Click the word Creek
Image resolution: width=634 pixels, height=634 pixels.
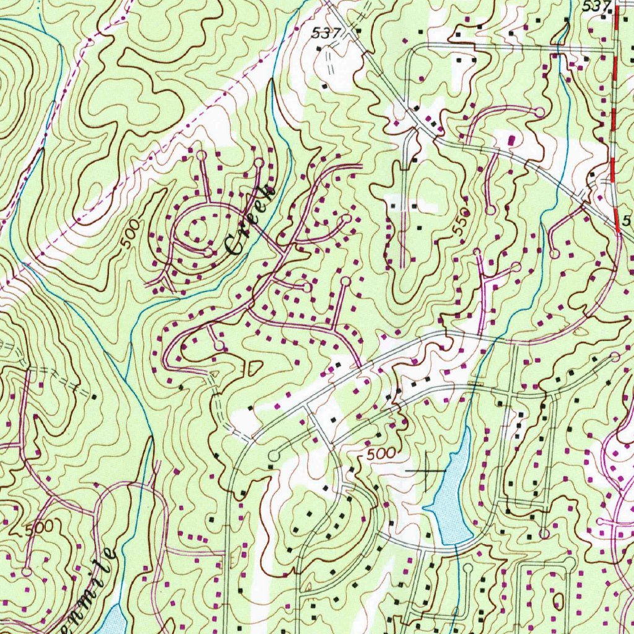click(x=251, y=220)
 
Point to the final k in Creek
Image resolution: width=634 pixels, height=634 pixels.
click(x=268, y=191)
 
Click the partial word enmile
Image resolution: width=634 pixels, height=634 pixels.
click(x=87, y=588)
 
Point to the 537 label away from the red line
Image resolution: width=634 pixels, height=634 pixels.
click(x=326, y=34)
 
